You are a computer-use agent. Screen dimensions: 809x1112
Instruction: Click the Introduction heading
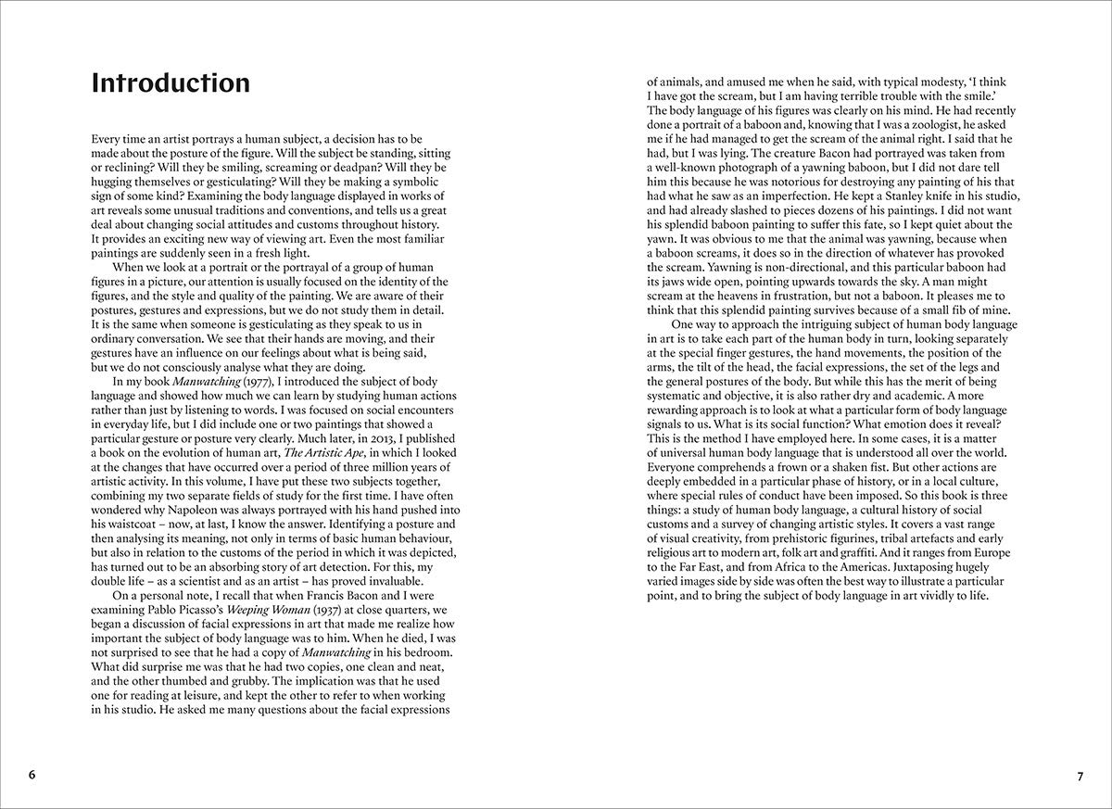click(x=171, y=83)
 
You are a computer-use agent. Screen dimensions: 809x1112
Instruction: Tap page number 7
click(x=1080, y=775)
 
